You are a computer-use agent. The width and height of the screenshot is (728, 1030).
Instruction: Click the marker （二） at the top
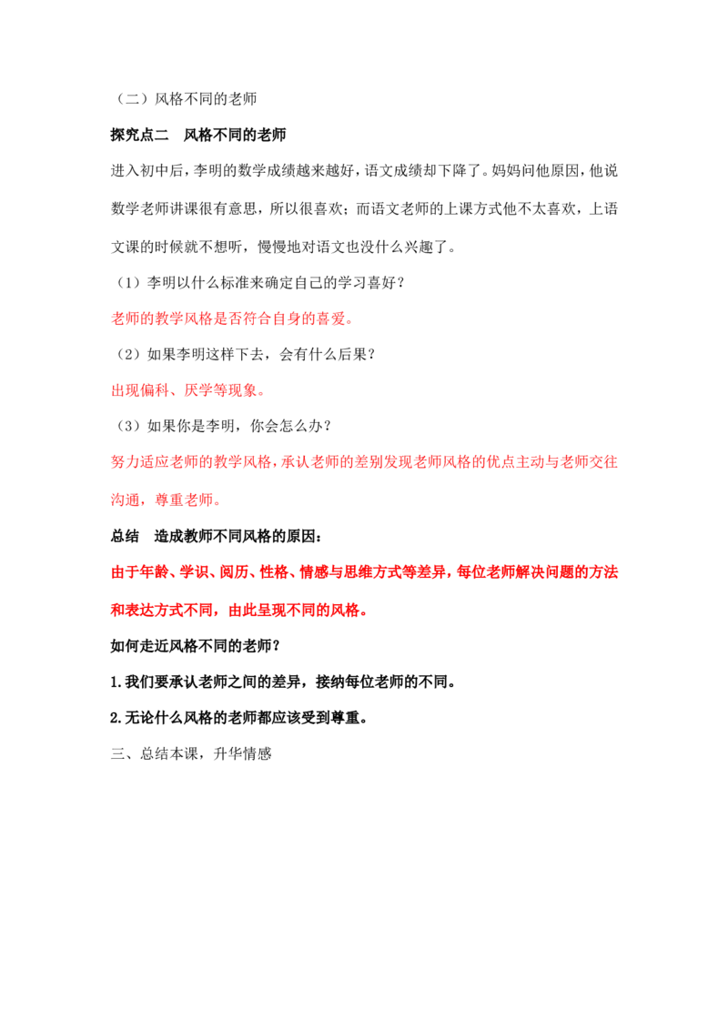132,98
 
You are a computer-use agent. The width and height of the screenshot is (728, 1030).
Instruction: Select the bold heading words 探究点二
139,135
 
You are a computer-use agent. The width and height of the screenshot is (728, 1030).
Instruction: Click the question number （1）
128,282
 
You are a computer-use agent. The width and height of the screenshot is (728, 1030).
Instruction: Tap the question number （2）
128,354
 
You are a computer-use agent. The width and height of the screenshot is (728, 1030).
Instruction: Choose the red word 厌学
199,390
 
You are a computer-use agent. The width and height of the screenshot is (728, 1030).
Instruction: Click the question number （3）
128,426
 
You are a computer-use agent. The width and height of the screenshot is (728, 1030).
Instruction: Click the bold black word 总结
125,536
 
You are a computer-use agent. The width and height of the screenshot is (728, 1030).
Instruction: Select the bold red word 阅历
234,572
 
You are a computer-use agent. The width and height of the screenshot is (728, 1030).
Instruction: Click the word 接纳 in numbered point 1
330,682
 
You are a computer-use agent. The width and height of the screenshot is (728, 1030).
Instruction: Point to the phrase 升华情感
242,753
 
